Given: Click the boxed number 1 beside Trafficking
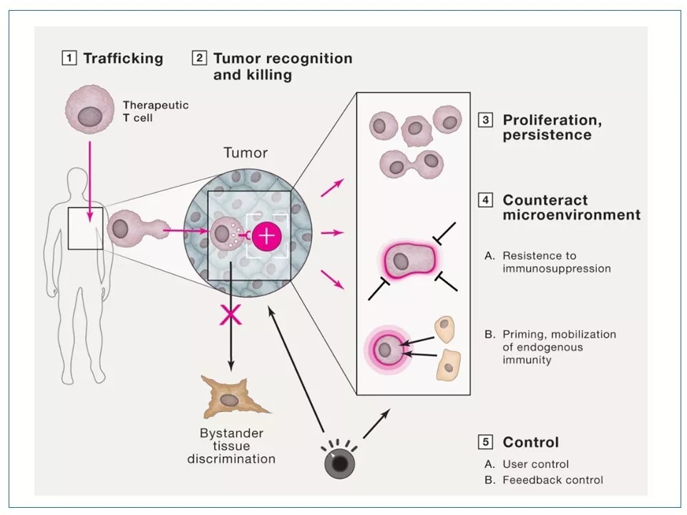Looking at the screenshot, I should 69,59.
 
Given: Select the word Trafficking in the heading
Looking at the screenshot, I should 123,59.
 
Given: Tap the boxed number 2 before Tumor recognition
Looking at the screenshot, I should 200,59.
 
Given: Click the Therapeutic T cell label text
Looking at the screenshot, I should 155,111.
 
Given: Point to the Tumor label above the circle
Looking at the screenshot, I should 245,153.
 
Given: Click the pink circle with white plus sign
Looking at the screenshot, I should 267,234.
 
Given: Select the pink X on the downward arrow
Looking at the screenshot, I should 230,315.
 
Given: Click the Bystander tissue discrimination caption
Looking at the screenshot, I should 231,446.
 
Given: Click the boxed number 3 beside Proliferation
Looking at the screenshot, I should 486,120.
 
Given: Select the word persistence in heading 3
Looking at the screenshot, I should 547,134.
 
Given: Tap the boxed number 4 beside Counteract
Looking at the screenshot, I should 486,200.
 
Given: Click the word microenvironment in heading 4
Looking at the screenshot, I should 571,215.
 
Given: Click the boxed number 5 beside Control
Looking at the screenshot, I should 486,442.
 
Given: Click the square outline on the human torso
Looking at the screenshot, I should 85,228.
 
